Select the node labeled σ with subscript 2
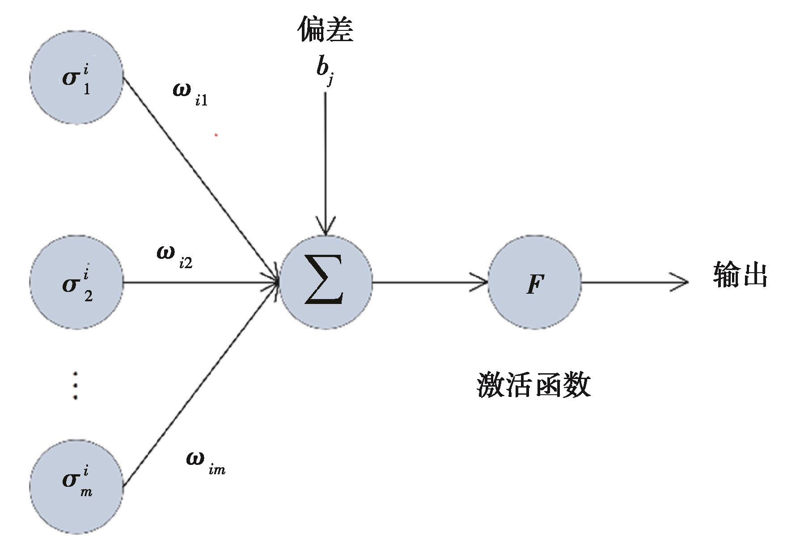[76, 283]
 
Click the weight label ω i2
[175, 257]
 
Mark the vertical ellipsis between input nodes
[75, 385]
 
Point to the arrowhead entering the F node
[481, 283]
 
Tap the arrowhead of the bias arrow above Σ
[326, 228]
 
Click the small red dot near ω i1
[216, 134]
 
